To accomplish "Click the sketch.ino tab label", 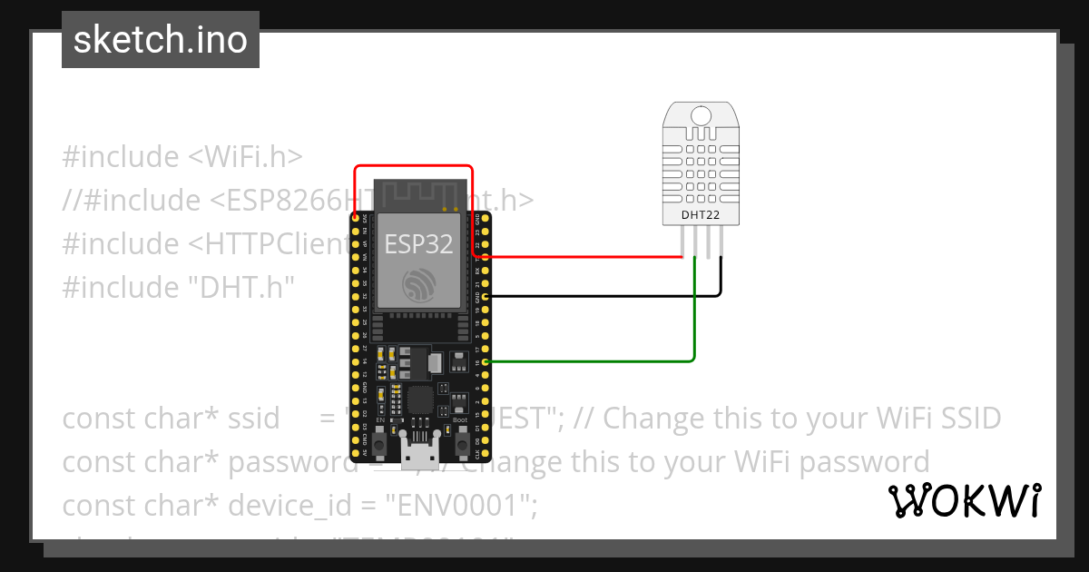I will [x=160, y=40].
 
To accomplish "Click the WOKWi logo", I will [x=964, y=500].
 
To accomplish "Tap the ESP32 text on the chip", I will [x=418, y=242].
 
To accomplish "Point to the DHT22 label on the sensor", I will [x=701, y=215].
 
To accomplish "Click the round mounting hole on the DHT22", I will [x=701, y=115].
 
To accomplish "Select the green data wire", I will [x=695, y=327].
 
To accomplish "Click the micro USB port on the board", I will [x=418, y=449].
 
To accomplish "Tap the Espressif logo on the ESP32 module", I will [x=418, y=286].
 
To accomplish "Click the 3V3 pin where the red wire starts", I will [x=355, y=219].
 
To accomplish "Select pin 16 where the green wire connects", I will [x=487, y=362].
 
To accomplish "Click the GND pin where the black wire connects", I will [x=487, y=297].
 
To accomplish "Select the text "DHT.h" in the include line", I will [x=240, y=287].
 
